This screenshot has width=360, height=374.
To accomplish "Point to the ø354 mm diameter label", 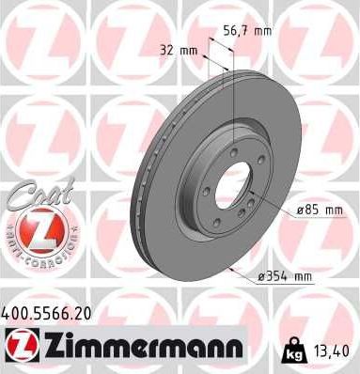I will (x=283, y=275).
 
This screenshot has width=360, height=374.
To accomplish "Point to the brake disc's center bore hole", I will (x=232, y=189).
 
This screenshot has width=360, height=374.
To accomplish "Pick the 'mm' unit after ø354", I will (x=302, y=275).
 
